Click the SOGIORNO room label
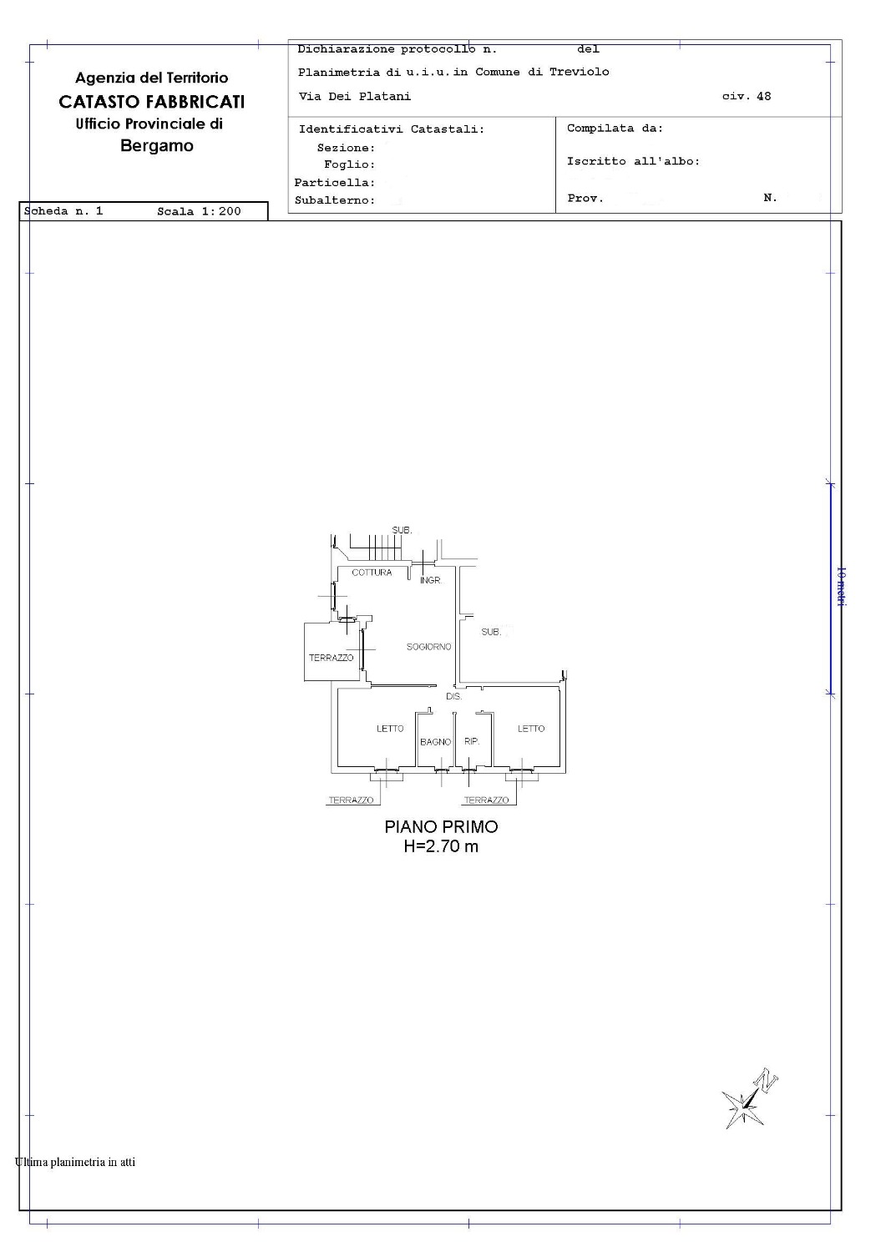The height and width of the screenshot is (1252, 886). click(428, 647)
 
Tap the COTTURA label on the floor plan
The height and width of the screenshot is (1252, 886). click(372, 573)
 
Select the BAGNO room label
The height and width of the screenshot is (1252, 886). click(435, 742)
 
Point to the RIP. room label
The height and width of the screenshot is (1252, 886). click(472, 741)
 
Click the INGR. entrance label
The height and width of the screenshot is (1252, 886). click(431, 580)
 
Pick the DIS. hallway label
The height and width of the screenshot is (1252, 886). click(453, 696)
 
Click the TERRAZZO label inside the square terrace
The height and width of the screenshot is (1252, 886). click(332, 658)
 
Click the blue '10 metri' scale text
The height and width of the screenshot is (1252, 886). click(841, 586)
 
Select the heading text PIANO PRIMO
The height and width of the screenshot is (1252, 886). click(441, 826)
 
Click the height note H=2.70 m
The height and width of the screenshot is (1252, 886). click(441, 846)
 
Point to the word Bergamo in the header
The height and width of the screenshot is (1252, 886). click(157, 146)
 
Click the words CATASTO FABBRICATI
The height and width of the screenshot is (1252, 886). click(152, 102)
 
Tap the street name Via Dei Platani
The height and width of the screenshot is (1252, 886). click(355, 96)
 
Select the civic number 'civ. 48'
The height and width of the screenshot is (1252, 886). click(747, 96)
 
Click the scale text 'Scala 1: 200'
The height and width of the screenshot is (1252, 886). click(199, 211)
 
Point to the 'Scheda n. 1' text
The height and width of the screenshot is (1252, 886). click(63, 210)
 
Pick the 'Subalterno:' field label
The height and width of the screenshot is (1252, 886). click(335, 200)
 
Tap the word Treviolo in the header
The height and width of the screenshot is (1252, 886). click(579, 72)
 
